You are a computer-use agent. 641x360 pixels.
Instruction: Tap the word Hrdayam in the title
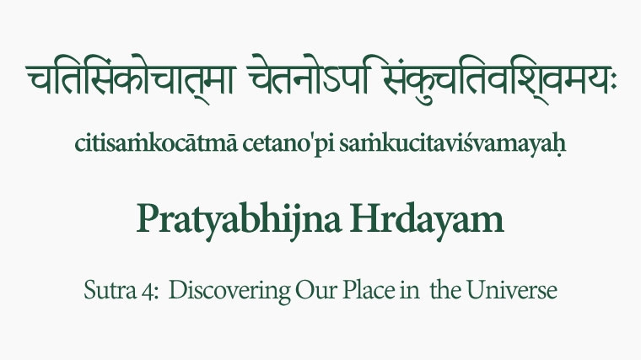(x=428, y=219)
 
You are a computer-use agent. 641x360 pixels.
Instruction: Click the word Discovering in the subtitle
(x=229, y=292)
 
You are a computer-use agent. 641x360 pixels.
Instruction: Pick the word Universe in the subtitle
(x=511, y=290)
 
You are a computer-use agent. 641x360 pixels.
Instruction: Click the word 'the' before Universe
(x=445, y=290)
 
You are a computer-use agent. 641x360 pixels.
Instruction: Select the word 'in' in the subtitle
(x=410, y=291)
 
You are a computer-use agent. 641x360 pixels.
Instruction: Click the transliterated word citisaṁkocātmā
(x=156, y=143)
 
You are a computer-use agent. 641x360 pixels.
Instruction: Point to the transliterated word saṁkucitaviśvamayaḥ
(x=453, y=144)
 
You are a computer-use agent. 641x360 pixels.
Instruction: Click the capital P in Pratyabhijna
(x=148, y=218)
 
